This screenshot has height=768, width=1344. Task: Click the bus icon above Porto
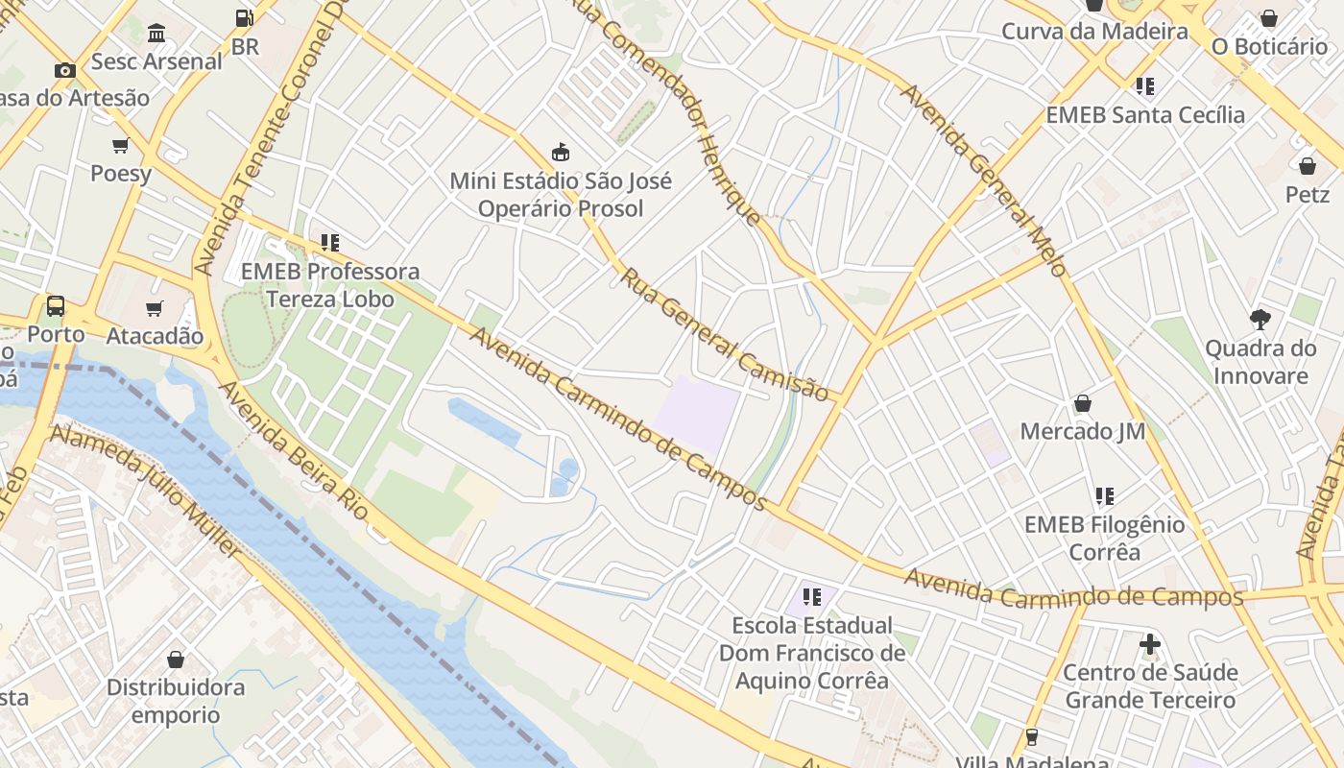(56, 306)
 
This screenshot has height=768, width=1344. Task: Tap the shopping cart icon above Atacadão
(154, 308)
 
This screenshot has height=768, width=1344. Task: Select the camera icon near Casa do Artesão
(65, 70)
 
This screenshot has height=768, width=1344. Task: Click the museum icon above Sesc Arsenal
(156, 34)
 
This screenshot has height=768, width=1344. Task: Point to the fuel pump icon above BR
(244, 17)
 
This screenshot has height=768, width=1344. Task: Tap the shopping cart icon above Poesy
(120, 146)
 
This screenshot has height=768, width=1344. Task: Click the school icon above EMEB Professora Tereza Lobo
(330, 243)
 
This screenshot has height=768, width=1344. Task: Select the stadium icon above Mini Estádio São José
(561, 152)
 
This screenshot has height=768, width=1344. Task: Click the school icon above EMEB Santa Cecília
(1144, 86)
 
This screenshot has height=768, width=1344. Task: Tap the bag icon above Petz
(1307, 166)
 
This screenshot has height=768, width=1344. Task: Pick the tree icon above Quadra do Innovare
(1260, 319)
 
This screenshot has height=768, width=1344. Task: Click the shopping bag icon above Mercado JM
(1083, 402)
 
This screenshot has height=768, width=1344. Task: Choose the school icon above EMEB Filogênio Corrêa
(1104, 496)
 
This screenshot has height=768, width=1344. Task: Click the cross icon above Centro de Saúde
(1150, 643)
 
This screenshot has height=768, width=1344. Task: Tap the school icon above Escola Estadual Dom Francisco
(812, 597)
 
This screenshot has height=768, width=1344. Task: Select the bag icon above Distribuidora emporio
(176, 660)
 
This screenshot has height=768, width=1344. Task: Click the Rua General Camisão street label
(725, 334)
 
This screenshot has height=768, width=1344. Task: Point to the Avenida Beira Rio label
(294, 450)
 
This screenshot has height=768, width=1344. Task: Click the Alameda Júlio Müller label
(146, 491)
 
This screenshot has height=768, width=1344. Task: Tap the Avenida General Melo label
(984, 180)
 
